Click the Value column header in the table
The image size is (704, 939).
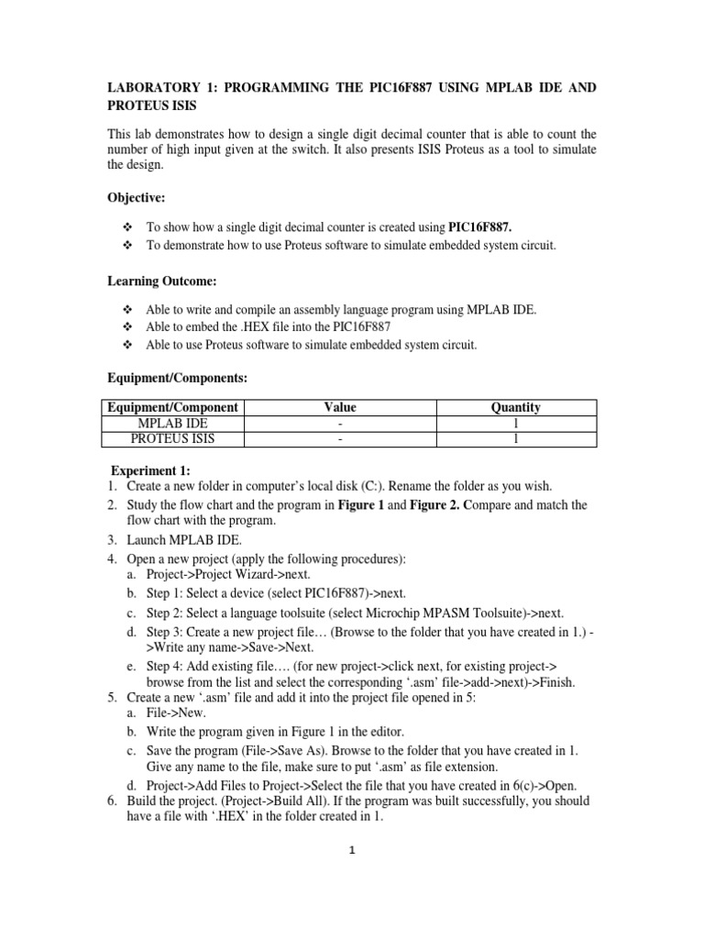click(339, 407)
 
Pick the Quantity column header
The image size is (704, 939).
click(516, 407)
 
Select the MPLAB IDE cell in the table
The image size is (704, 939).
click(171, 423)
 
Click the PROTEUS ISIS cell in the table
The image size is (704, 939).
click(171, 438)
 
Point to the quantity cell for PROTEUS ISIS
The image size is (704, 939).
click(516, 438)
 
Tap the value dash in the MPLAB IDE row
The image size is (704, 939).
click(339, 423)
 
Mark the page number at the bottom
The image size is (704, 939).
click(351, 849)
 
